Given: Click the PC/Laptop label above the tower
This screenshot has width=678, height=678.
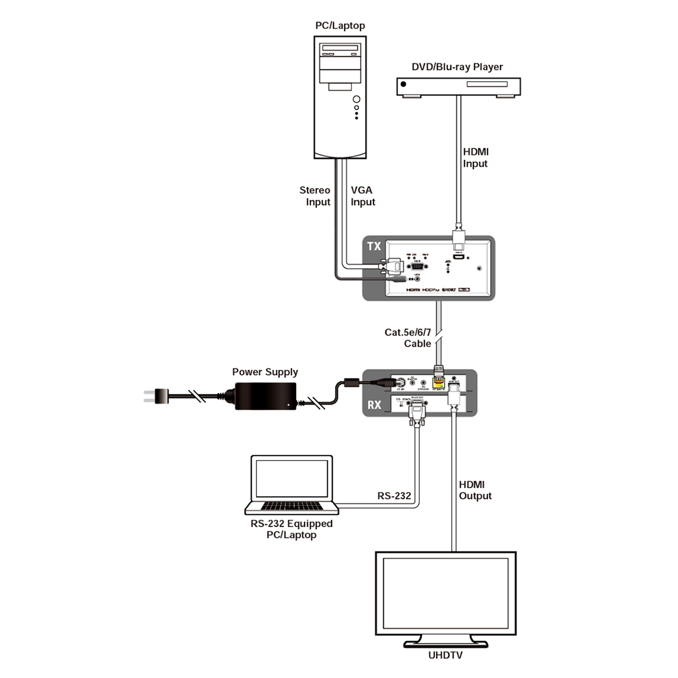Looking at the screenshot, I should (x=340, y=25).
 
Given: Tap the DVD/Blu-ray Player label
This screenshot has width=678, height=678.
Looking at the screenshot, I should (x=457, y=67).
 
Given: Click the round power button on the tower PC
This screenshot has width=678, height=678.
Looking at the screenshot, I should (x=356, y=100).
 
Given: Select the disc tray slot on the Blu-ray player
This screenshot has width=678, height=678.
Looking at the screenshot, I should (x=486, y=84).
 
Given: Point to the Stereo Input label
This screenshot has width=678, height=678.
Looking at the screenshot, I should (x=315, y=196).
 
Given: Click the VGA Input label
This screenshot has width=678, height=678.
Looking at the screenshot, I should (x=362, y=196).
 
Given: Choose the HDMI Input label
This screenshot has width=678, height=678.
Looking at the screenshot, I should (x=476, y=158).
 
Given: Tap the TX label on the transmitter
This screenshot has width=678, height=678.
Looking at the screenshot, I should (x=374, y=246).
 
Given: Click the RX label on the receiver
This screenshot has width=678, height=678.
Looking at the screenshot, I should (x=374, y=405).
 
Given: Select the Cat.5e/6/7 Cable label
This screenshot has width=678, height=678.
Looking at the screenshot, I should (x=408, y=338).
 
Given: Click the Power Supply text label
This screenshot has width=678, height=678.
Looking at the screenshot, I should (x=265, y=372).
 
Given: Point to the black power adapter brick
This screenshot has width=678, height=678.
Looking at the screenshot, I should (x=265, y=395).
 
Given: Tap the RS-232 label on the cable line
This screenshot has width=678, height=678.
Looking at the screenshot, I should (x=394, y=496).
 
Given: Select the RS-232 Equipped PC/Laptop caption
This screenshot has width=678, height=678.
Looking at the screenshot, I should (x=292, y=529).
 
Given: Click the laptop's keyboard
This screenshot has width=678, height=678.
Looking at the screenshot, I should (x=292, y=505).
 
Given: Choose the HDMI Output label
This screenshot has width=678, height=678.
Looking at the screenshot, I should (x=475, y=490).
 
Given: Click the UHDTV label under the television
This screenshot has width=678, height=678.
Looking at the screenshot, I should (x=445, y=655).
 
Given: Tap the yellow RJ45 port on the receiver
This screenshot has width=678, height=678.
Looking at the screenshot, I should (x=438, y=383).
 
